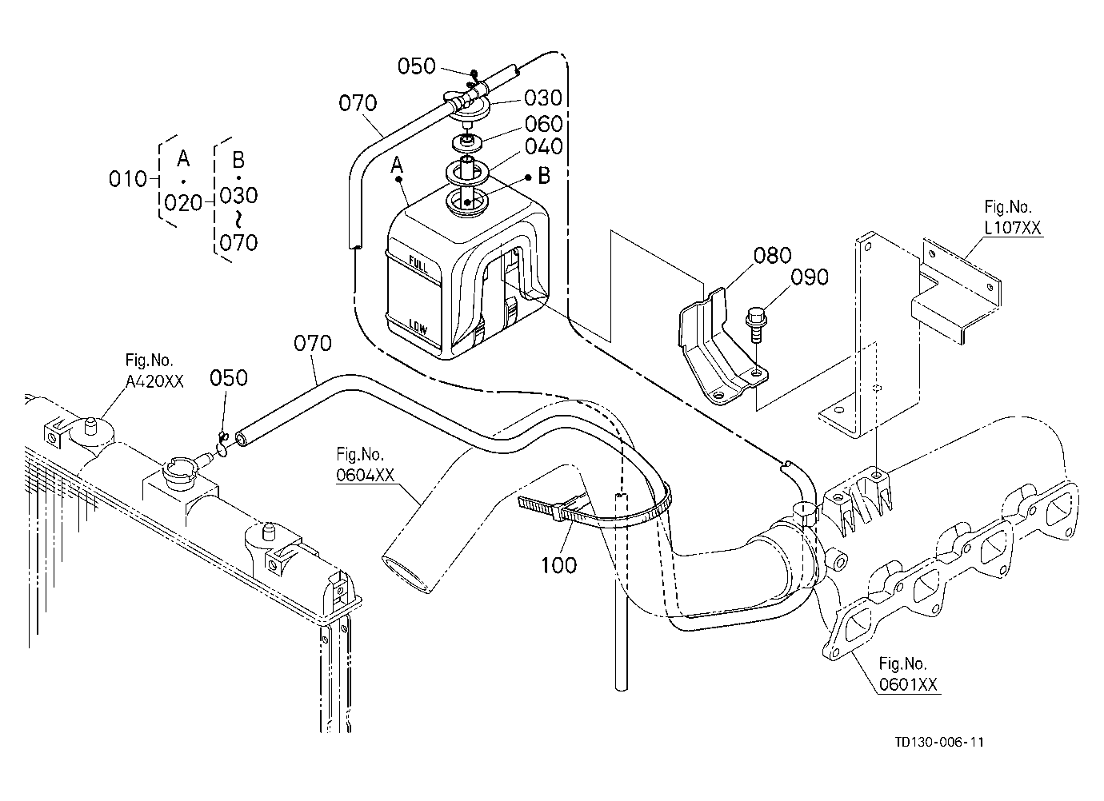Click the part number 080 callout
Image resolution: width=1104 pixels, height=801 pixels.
(x=772, y=256)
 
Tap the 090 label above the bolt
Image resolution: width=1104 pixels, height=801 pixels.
(x=810, y=277)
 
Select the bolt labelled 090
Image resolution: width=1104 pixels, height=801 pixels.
(x=755, y=324)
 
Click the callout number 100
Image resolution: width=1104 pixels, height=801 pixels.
(x=558, y=565)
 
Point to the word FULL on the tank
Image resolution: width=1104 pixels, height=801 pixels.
(x=419, y=265)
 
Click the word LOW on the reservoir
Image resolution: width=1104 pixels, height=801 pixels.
(x=418, y=327)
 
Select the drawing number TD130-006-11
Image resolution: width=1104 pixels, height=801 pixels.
(x=939, y=755)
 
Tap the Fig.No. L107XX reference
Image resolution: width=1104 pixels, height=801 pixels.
(x=1012, y=217)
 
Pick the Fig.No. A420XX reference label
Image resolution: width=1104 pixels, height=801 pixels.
(x=154, y=370)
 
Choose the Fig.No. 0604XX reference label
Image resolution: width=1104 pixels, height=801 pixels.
(x=366, y=464)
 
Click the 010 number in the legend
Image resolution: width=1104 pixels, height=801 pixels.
(x=128, y=179)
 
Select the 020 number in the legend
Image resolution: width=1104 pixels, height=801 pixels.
(x=183, y=202)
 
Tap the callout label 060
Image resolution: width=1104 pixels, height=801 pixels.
(x=543, y=124)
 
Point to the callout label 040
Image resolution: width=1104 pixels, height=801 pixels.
(x=544, y=146)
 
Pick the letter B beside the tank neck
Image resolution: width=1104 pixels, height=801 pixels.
(x=544, y=176)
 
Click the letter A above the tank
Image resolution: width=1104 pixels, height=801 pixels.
(x=397, y=165)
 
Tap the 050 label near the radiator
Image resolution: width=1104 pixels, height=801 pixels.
(x=228, y=378)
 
